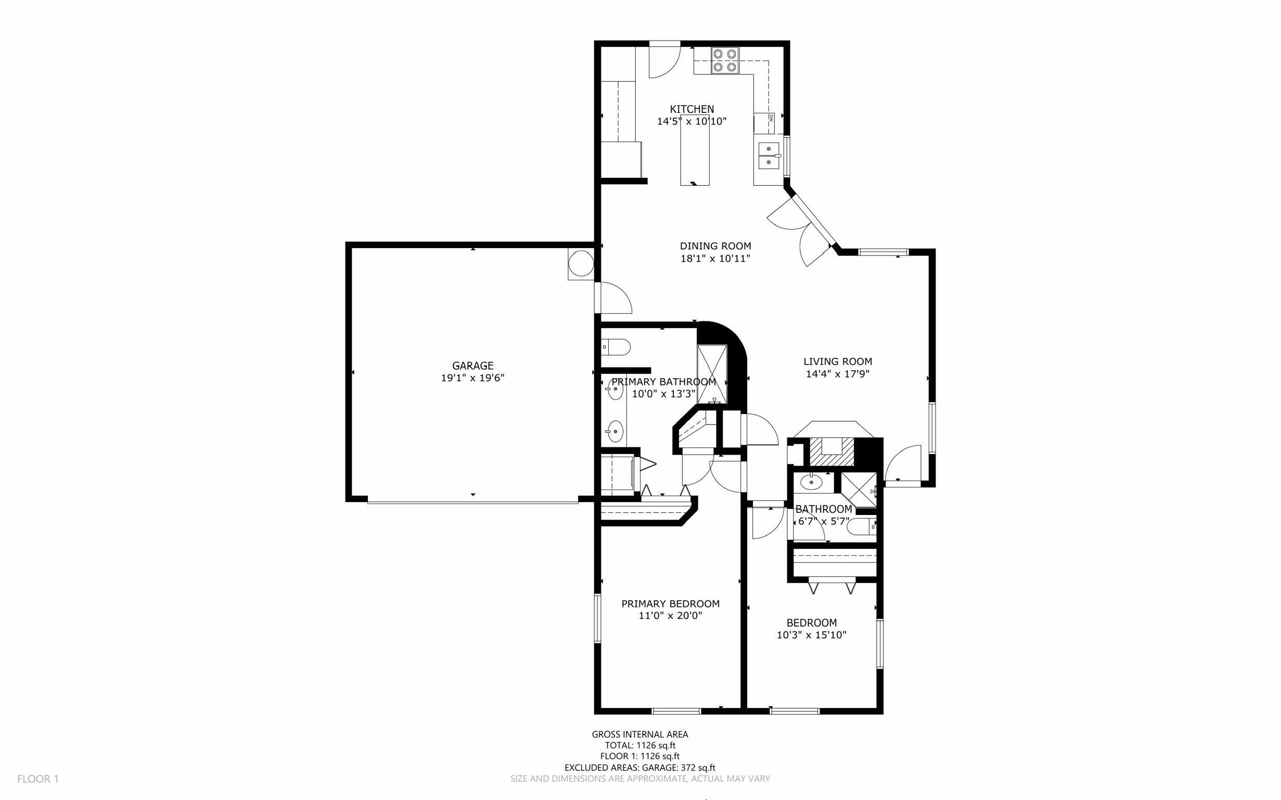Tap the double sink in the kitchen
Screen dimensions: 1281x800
pos(769,156)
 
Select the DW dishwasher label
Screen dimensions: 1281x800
pos(771,118)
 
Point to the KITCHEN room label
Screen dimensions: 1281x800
pos(691,109)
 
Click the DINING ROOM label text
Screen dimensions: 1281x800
pos(715,246)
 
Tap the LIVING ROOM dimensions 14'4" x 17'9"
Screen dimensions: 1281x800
pos(838,374)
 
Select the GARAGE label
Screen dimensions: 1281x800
pos(472,365)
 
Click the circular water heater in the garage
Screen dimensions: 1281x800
pos(581,263)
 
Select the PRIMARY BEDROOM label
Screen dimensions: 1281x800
pos(670,604)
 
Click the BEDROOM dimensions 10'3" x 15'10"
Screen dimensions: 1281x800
pos(811,635)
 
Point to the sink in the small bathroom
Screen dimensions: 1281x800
pos(811,483)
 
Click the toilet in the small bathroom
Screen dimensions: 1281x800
pos(862,526)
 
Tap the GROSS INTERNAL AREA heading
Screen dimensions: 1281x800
pos(639,734)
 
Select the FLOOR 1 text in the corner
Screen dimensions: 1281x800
pos(38,779)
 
